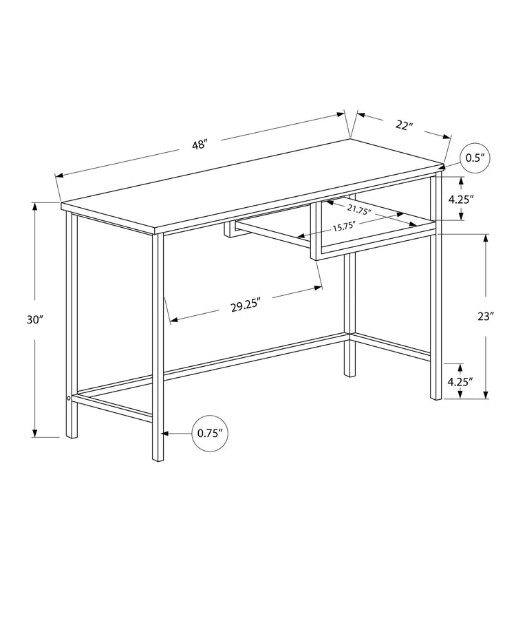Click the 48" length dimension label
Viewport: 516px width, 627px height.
[x=200, y=144]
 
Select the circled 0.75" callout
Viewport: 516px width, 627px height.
[x=209, y=433]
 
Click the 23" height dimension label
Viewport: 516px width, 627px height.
[x=486, y=316]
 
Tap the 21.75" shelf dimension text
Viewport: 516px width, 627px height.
[x=359, y=210]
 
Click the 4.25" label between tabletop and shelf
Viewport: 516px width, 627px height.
[x=461, y=199]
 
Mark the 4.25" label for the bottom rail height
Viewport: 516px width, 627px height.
[x=461, y=381]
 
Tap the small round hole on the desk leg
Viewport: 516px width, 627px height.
[x=69, y=398]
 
